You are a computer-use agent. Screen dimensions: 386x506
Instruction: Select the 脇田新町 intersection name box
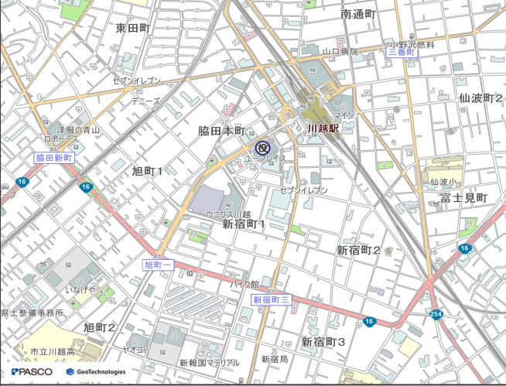tap(54, 157)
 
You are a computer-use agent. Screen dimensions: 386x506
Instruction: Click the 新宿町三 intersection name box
tap(271, 299)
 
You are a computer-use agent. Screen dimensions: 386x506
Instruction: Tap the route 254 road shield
tap(436, 314)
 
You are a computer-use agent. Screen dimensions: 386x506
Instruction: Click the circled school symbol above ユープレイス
tap(262, 146)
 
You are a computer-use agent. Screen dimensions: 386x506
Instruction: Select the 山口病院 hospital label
tap(340, 52)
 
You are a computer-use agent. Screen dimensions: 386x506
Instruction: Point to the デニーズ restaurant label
tap(145, 101)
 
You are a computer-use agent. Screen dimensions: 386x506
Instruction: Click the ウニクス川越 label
tap(228, 213)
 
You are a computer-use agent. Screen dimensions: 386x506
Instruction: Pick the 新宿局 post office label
tap(274, 359)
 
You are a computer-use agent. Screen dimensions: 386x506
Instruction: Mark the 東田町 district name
tap(132, 28)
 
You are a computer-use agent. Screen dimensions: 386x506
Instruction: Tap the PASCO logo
tap(32, 371)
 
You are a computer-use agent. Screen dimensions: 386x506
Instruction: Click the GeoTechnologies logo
tap(95, 371)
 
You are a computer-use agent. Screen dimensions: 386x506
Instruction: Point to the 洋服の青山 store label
tap(78, 130)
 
